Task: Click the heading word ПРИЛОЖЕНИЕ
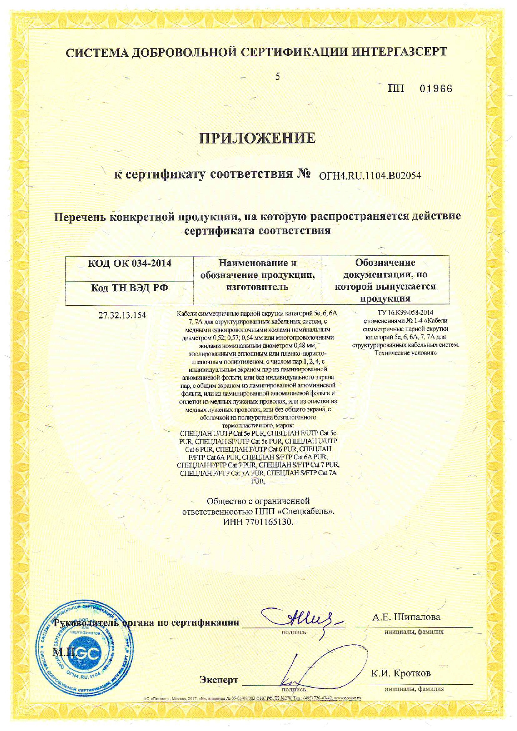(x=257, y=138)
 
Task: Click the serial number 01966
(x=436, y=89)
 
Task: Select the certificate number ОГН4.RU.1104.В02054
(x=370, y=176)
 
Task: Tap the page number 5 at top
(x=277, y=76)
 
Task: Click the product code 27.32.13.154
(x=122, y=315)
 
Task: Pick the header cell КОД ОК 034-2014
(x=129, y=263)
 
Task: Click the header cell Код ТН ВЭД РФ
(x=129, y=288)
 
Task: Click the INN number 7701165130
(x=269, y=522)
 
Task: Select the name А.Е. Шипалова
(x=406, y=617)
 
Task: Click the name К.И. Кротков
(x=401, y=673)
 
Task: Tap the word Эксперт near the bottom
(x=218, y=680)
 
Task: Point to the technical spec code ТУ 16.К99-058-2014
(x=399, y=312)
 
